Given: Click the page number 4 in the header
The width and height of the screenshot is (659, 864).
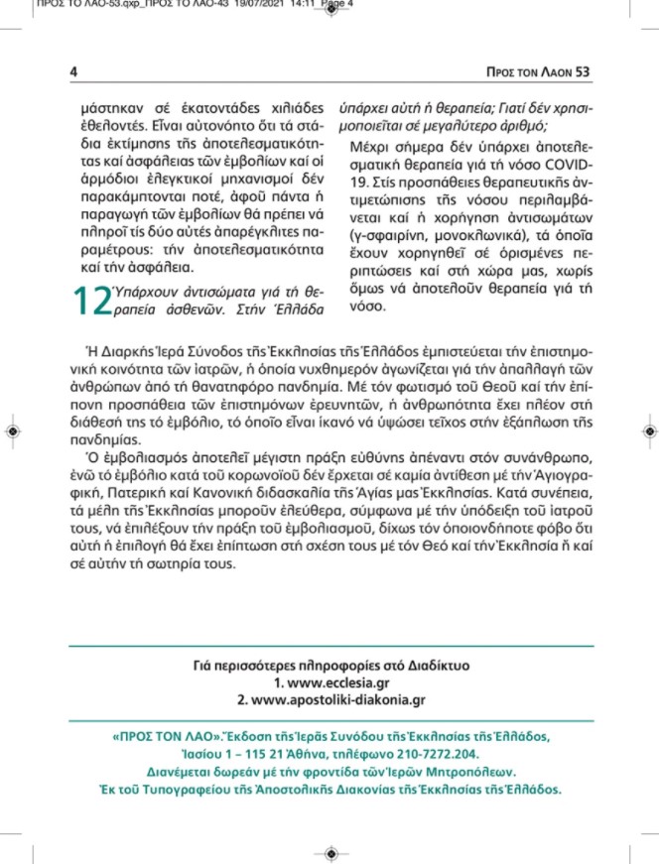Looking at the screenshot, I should point(73,71).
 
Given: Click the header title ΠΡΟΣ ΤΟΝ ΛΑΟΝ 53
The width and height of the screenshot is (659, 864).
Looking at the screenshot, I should point(535,71).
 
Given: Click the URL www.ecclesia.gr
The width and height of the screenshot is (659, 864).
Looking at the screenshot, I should point(329,683).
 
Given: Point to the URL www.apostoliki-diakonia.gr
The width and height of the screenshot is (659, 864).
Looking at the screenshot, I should point(329,699).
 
